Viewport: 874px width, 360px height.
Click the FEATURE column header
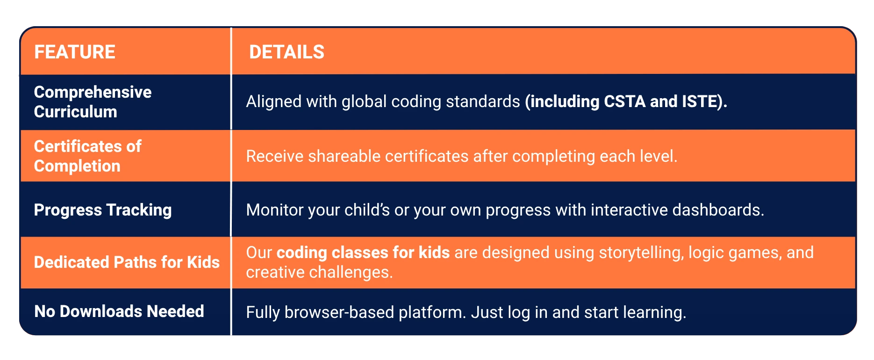(x=75, y=52)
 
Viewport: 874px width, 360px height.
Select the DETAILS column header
(x=287, y=52)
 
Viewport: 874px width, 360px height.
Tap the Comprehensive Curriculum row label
(x=93, y=102)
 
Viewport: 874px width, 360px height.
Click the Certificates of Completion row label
(x=87, y=156)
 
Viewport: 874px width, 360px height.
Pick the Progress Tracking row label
(x=103, y=210)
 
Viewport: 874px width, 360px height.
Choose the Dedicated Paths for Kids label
(x=127, y=262)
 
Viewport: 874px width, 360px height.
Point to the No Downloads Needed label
(x=119, y=311)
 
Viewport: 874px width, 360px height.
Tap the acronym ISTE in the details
(x=700, y=101)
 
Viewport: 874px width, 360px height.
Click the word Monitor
(x=275, y=210)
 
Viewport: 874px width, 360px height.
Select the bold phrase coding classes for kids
(x=363, y=253)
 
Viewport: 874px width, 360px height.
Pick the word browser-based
(x=339, y=312)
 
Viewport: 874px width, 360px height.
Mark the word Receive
(x=275, y=156)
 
